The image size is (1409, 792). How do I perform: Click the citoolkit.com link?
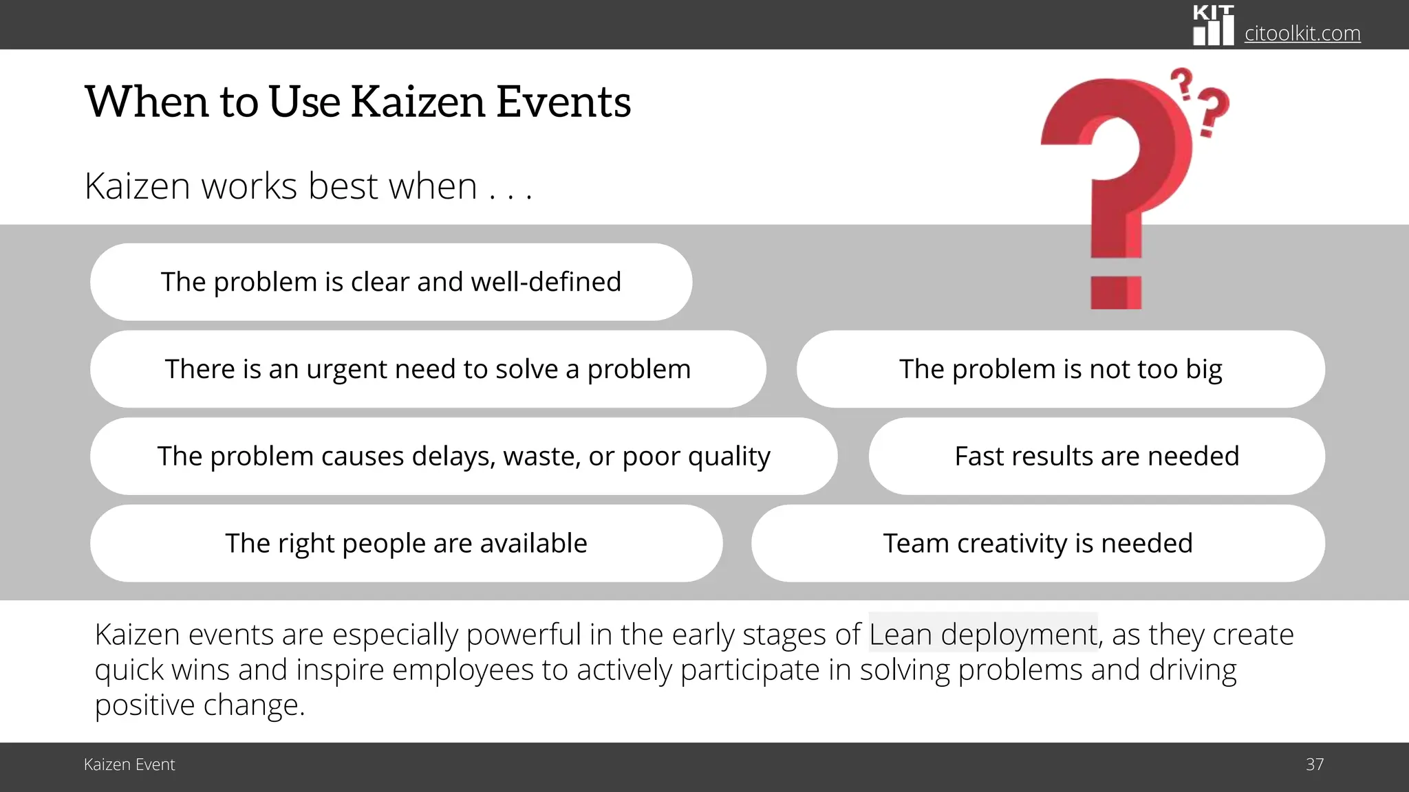1302,33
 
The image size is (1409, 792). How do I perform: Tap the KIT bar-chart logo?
1213,26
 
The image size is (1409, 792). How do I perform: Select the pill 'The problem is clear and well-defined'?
391,282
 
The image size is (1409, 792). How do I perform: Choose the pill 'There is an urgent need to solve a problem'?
427,369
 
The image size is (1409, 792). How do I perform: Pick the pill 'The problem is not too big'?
1060,369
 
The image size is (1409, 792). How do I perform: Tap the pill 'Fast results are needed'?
1097,456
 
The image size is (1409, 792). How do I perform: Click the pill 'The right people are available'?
406,544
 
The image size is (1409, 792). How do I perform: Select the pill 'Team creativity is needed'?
1037,544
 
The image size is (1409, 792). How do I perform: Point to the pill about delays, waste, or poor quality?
464,456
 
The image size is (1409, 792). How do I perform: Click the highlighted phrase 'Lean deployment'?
982,634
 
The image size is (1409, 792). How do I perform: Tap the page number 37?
1314,764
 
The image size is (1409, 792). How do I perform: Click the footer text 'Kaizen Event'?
129,764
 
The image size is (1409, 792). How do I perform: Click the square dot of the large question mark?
1116,292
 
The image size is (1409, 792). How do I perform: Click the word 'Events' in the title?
563,102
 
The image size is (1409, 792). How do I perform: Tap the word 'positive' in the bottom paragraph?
144,705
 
